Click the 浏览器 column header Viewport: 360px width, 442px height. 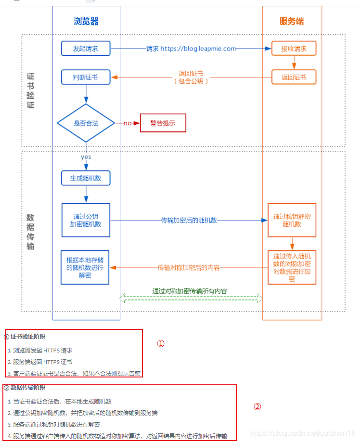point(86,21)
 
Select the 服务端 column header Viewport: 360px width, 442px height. point(292,21)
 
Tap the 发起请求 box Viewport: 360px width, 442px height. point(86,49)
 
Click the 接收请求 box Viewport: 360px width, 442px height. point(294,49)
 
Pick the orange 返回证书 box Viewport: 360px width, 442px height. point(294,77)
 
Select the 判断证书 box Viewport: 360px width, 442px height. point(86,77)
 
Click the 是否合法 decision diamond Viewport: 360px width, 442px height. point(86,123)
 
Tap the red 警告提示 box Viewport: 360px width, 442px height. point(163,123)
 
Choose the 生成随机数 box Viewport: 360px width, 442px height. point(86,178)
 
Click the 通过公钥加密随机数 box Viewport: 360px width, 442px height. point(86,220)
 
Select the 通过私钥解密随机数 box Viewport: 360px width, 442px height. point(292,220)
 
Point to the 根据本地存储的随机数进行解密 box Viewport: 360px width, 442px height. point(86,268)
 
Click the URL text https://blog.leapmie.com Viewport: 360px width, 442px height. point(198,49)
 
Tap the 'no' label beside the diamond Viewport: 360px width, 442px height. point(127,123)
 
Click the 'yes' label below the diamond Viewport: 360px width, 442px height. point(86,157)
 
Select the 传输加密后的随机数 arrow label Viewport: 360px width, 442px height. point(189,220)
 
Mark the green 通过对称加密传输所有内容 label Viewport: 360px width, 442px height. point(190,291)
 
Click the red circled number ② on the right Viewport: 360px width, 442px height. point(257,406)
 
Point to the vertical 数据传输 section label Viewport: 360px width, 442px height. point(31,231)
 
